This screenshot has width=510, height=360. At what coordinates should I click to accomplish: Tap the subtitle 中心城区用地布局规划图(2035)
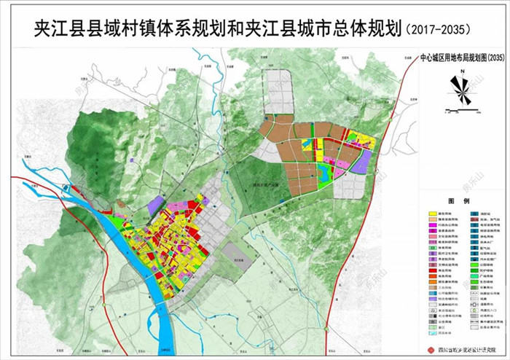(452, 58)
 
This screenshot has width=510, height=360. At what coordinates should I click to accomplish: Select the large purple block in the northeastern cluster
(362, 163)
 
